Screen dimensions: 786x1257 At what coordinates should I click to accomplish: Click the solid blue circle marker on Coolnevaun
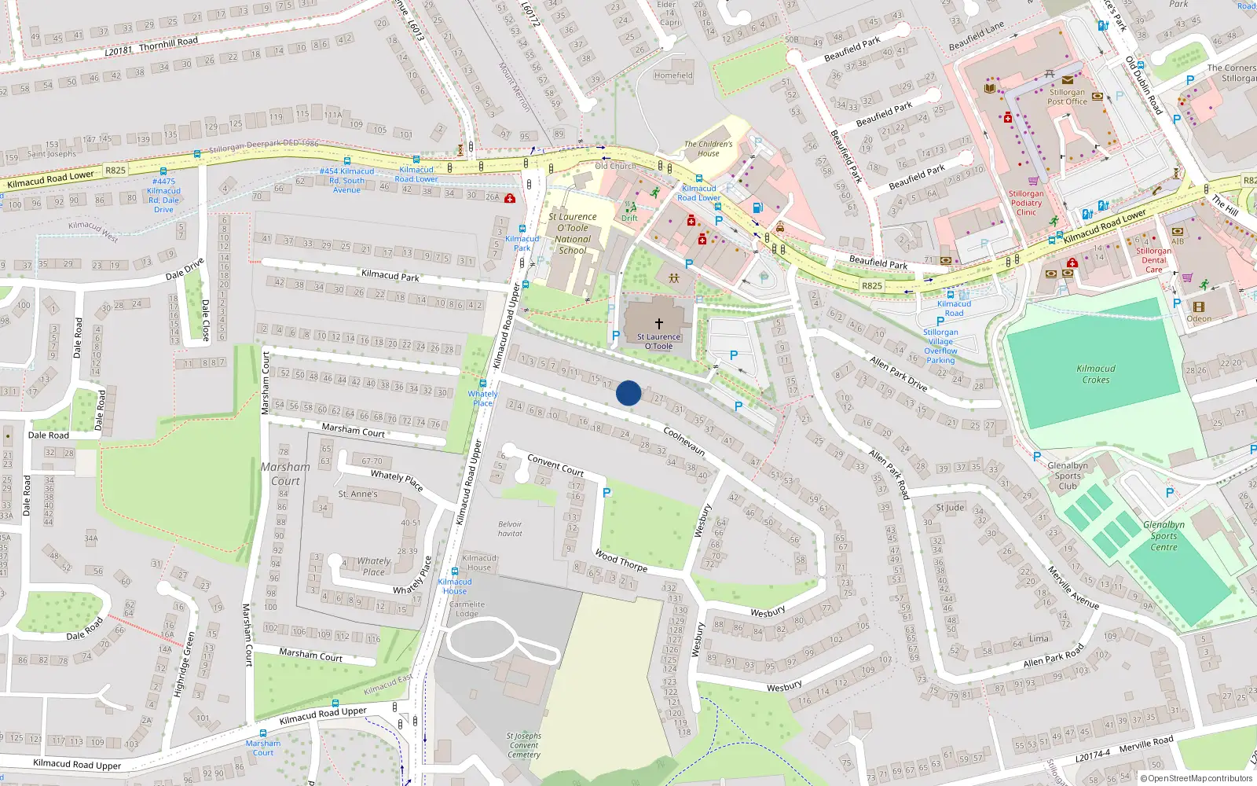628,393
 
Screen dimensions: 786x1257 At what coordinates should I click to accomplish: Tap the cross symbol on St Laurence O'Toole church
658,323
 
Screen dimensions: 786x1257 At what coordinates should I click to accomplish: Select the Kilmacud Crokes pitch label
1096,374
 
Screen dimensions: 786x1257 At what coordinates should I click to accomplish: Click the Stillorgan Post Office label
1067,97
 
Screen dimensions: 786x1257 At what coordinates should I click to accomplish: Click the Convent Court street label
555,465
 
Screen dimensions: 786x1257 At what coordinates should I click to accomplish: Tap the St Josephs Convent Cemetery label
524,745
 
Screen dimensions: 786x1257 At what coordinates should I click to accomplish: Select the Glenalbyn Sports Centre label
1164,536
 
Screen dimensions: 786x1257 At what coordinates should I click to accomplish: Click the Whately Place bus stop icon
482,384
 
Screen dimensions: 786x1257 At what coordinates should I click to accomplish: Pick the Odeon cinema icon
1198,307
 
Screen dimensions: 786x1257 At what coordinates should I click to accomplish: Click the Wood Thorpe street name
621,560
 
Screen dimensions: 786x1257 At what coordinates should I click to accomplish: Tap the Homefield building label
673,75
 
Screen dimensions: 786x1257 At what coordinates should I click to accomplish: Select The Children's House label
708,149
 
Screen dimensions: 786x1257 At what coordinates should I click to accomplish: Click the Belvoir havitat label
510,529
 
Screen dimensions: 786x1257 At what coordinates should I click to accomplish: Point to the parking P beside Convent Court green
607,493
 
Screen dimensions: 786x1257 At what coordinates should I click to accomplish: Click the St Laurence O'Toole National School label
573,233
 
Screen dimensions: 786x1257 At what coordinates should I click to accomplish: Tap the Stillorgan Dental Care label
1153,260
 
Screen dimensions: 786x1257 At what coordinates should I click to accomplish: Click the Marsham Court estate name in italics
285,474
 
